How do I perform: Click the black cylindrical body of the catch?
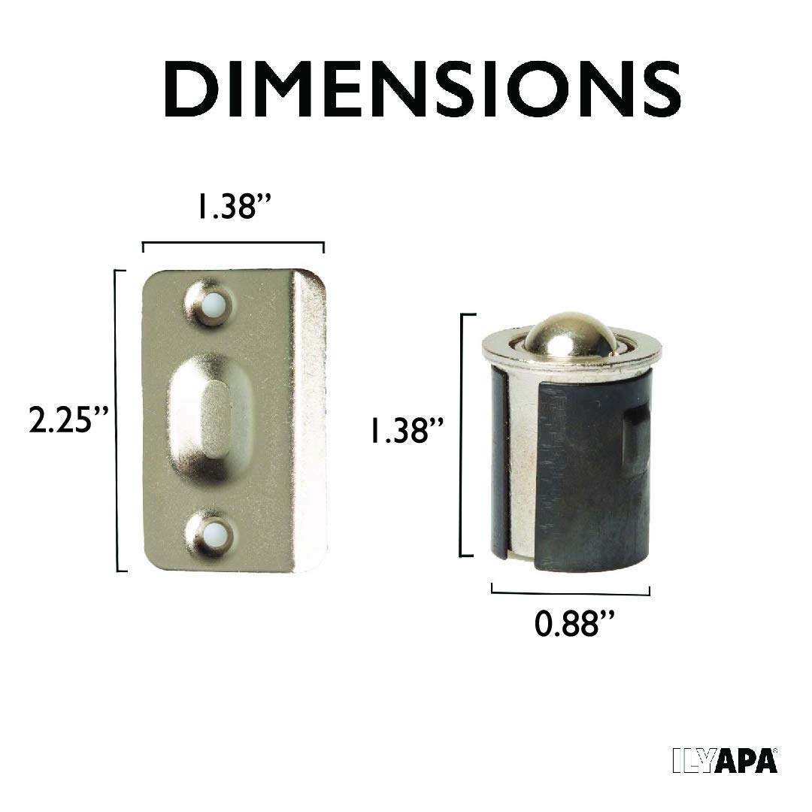coord(579,481)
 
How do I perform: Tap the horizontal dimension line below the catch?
coord(571,593)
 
